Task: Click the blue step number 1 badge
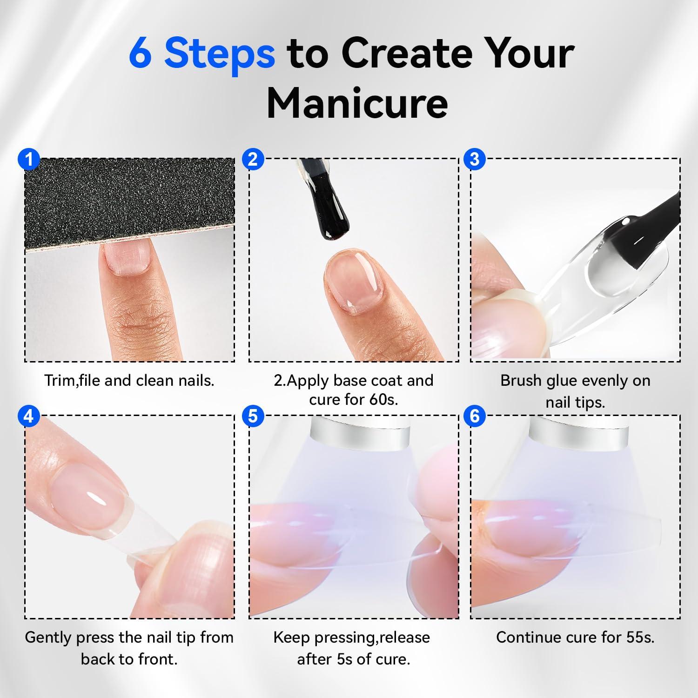[29, 160]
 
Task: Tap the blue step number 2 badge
[253, 160]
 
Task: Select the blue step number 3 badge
[475, 160]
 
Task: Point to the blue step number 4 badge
[29, 416]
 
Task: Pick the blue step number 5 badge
[253, 416]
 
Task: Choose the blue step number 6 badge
[475, 416]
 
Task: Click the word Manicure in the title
[357, 102]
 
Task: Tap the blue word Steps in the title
[220, 54]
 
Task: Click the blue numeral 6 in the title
[140, 53]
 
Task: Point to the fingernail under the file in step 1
[125, 258]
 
